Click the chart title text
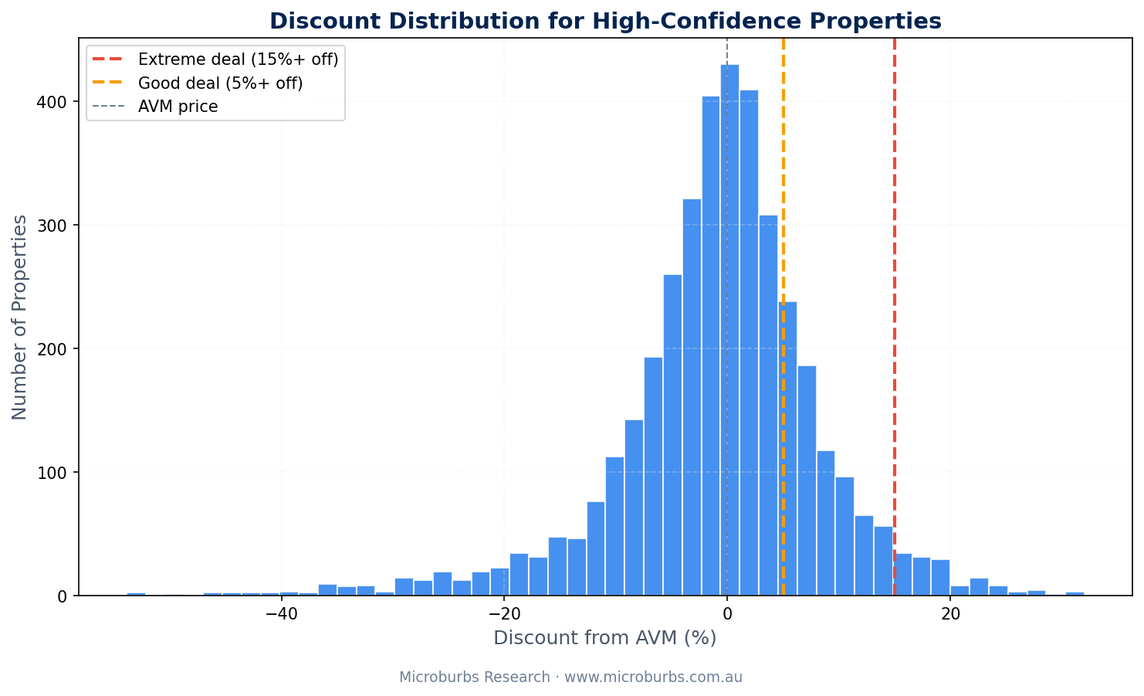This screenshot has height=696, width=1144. point(605,21)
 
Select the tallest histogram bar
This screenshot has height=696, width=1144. point(729,332)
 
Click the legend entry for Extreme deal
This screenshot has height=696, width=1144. point(238,59)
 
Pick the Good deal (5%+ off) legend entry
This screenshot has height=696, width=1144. point(220,83)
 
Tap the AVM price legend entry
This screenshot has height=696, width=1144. point(178,107)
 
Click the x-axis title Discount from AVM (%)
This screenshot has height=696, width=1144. point(604,638)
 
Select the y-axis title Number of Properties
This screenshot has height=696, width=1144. point(20,317)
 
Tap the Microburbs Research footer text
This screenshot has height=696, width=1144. point(570,677)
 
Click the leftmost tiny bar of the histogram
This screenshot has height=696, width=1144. point(136,594)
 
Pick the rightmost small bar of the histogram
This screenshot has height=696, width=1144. point(1075,593)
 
